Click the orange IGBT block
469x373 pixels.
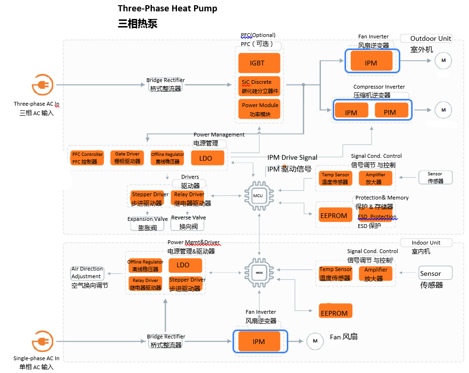point(258,63)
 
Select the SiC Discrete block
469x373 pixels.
point(258,86)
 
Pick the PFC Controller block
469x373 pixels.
point(88,158)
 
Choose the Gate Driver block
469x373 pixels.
point(127,158)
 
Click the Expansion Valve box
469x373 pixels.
point(147,223)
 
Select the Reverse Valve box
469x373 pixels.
point(188,222)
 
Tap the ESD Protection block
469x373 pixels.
point(377,216)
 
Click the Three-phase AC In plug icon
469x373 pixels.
point(43,86)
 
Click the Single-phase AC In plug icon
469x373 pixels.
point(43,341)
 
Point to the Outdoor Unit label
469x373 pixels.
point(430,39)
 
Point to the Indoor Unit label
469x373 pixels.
point(425,243)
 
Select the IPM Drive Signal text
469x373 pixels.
point(292,157)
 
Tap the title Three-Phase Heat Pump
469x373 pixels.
point(168,9)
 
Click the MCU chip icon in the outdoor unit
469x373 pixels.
point(258,195)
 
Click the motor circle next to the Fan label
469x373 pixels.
point(315,340)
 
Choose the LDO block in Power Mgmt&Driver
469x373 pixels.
point(182,265)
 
